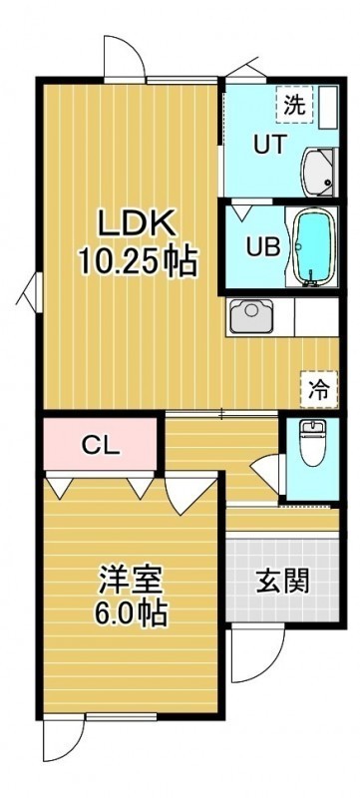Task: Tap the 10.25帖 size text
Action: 138,261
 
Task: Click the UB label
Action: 263,247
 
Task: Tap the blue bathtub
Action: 313,247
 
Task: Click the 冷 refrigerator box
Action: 319,389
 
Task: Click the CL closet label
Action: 101,447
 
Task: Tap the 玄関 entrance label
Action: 282,581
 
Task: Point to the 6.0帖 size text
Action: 131,614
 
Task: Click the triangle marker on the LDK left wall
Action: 30,292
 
